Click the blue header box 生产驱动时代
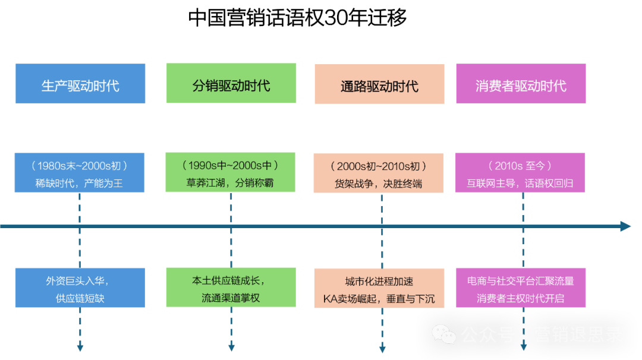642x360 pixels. point(80,84)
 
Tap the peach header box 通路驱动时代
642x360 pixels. point(379,85)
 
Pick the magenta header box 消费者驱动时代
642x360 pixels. point(521,84)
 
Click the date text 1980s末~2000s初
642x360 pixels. point(79,166)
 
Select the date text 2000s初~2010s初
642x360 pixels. point(379,166)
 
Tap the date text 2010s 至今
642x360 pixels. point(520,166)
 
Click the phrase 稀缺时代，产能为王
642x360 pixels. point(79,183)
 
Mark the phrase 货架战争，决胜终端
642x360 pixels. point(379,184)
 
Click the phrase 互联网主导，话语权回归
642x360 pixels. point(520,183)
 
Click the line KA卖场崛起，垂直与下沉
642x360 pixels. point(379,298)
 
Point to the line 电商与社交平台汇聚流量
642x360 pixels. point(521,281)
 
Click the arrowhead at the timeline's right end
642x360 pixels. point(625,226)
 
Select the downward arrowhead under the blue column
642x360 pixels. point(80,347)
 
